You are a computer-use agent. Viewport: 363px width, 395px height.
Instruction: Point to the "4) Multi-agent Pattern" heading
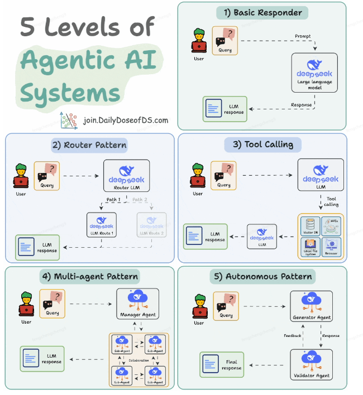[90, 276]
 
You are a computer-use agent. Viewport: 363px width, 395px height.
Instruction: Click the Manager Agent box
[137, 304]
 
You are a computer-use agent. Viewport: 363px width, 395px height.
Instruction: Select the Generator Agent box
[312, 306]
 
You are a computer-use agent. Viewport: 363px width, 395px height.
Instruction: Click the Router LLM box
[127, 176]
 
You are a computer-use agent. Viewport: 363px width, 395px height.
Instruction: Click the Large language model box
[314, 73]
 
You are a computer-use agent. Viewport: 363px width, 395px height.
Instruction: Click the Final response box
[222, 364]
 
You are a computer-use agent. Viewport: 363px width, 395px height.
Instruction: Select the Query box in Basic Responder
[224, 41]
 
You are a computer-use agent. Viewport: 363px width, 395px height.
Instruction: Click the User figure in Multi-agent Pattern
[26, 307]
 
